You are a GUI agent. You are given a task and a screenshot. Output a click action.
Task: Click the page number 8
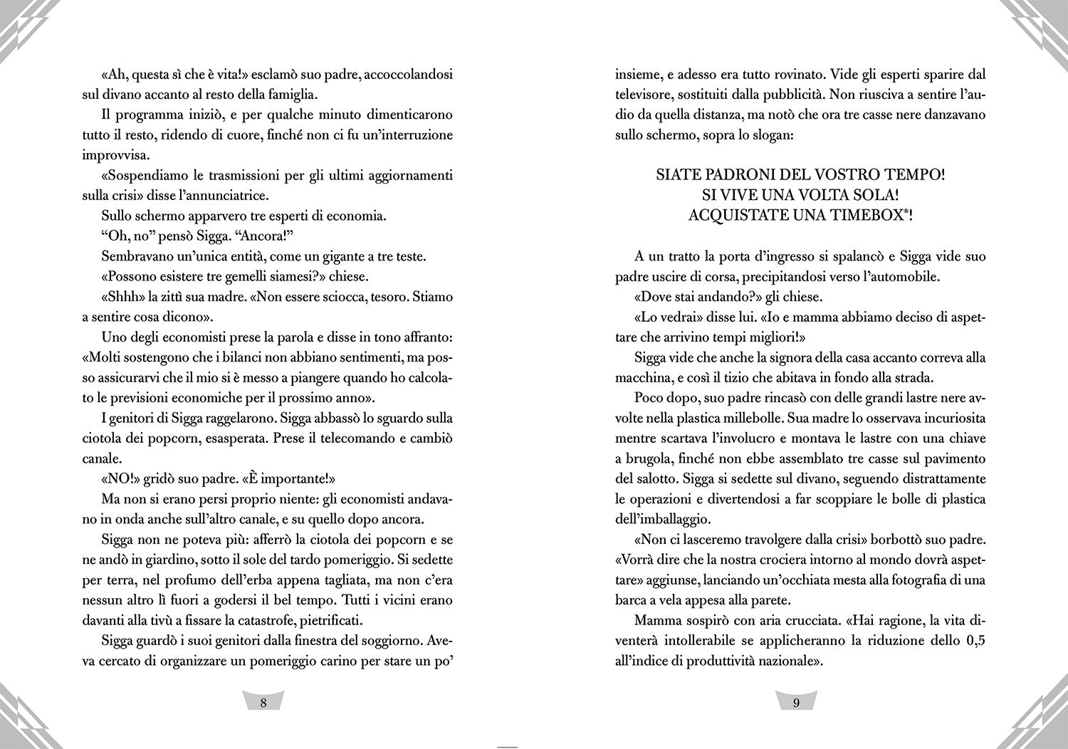(263, 703)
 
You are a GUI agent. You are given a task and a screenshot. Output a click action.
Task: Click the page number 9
(796, 703)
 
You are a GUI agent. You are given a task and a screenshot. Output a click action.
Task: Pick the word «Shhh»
(122, 297)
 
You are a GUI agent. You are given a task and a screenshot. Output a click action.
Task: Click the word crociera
(780, 560)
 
